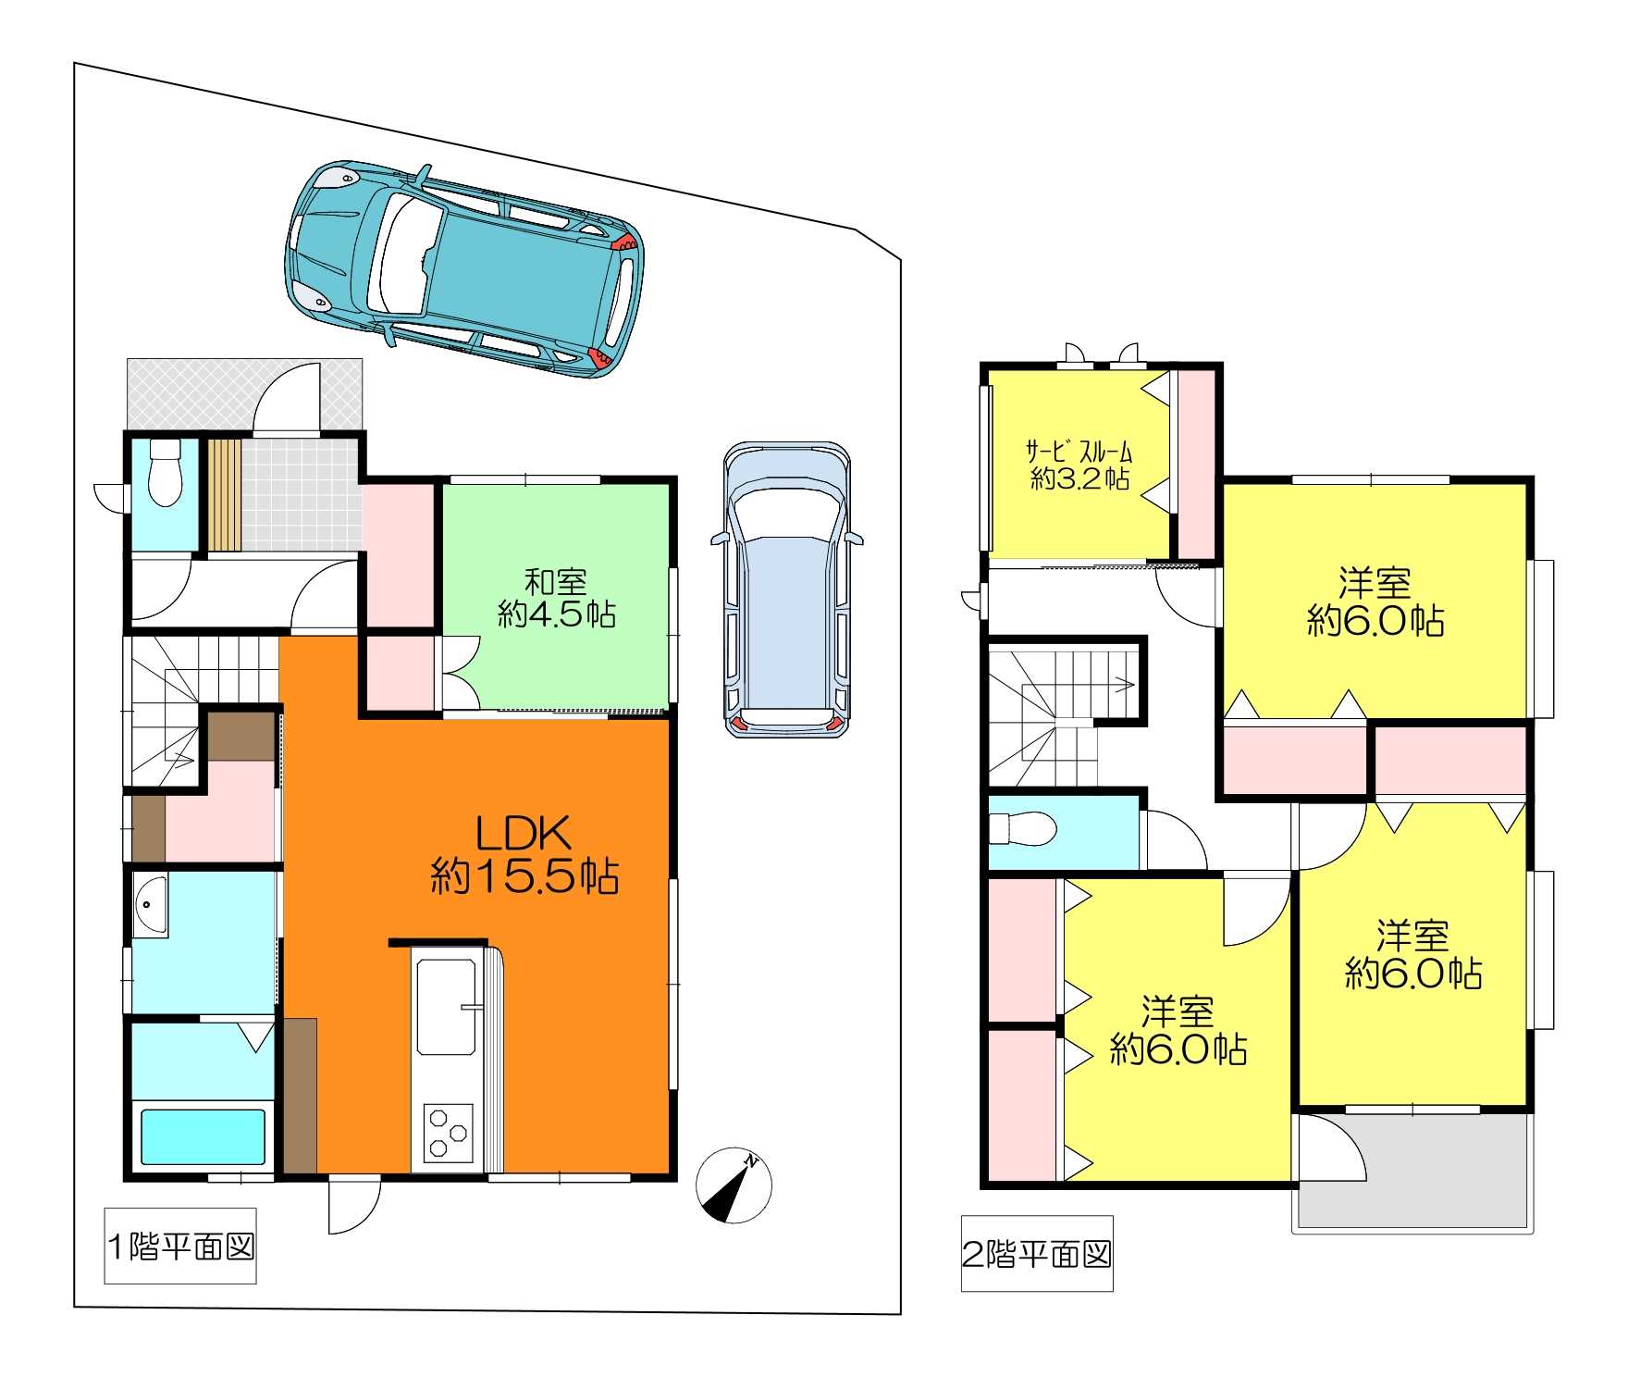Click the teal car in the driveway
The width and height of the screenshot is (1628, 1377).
click(x=464, y=268)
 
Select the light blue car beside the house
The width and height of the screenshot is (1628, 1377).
click(x=786, y=589)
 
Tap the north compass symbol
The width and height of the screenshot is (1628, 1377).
click(x=734, y=1185)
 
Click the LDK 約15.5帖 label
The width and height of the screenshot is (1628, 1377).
click(x=524, y=854)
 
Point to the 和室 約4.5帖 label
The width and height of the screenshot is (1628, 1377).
click(x=556, y=598)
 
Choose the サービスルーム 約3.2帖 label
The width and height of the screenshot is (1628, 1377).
click(x=1079, y=465)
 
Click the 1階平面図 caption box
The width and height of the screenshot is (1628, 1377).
click(x=180, y=1246)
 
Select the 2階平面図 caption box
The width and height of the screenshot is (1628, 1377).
click(x=1037, y=1253)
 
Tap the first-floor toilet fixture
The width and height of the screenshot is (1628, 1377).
click(x=166, y=472)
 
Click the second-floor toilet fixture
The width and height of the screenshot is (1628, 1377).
click(x=1023, y=828)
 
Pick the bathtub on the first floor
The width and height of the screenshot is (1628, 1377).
click(x=203, y=1136)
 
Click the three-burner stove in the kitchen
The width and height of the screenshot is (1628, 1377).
click(x=448, y=1133)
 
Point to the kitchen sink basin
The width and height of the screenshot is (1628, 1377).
click(x=446, y=1008)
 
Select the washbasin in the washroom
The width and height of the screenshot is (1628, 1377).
click(x=150, y=906)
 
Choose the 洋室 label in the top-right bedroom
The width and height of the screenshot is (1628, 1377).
click(x=1375, y=583)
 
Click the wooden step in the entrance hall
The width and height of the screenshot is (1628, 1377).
click(x=224, y=494)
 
